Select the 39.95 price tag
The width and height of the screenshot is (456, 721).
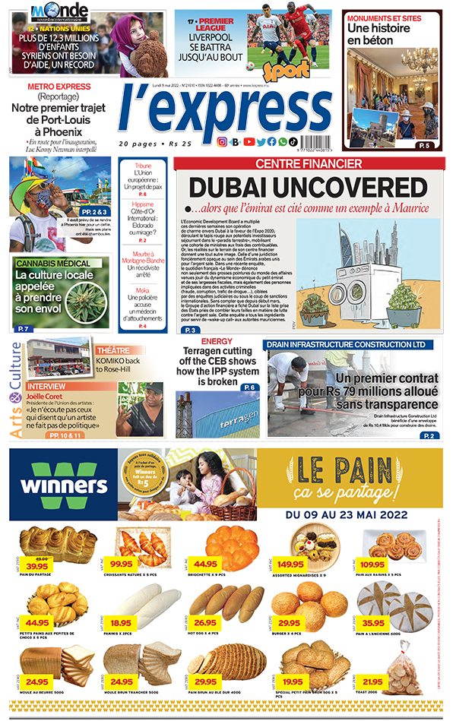[x=36, y=565]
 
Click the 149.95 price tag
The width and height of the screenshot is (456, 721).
[x=290, y=564]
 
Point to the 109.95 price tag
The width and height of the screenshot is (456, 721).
[x=372, y=564]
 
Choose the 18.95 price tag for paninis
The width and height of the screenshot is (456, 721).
[x=121, y=623]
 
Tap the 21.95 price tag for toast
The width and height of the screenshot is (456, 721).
[x=372, y=681]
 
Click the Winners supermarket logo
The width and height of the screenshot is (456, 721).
[x=64, y=484]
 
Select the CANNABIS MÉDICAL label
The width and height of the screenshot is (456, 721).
[x=53, y=263]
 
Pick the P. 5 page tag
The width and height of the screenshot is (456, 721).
[x=423, y=145]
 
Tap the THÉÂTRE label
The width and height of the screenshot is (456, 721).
[x=113, y=350]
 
